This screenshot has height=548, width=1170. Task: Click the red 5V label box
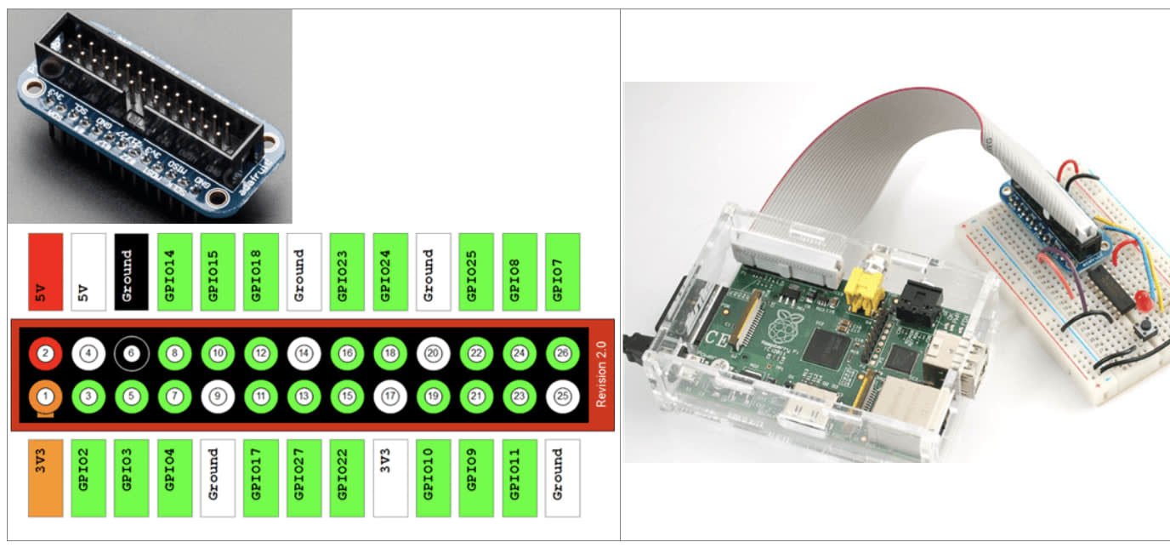pos(45,271)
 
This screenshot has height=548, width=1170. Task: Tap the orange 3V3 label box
pos(45,477)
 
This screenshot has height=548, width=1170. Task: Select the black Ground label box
pos(131,271)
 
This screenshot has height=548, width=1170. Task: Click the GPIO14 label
pos(174,271)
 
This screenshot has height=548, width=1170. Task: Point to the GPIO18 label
pos(261,271)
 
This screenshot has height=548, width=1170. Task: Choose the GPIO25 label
pos(476,271)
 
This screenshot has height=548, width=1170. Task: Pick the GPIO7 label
pos(562,271)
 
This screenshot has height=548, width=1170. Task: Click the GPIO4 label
pos(174,477)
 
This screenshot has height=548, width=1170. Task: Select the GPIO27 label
pos(304,477)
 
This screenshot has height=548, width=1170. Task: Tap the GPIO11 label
pos(519,477)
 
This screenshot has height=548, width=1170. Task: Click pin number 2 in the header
pos(46,353)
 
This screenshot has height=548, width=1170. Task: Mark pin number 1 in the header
pos(46,396)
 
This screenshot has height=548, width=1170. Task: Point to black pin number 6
pos(132,353)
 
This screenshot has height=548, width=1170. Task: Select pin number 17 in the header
pos(390,396)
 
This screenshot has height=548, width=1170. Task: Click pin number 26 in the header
pos(562,353)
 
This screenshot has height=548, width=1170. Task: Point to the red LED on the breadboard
pos(1144,302)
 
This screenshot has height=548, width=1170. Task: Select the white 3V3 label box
pos(389,477)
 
